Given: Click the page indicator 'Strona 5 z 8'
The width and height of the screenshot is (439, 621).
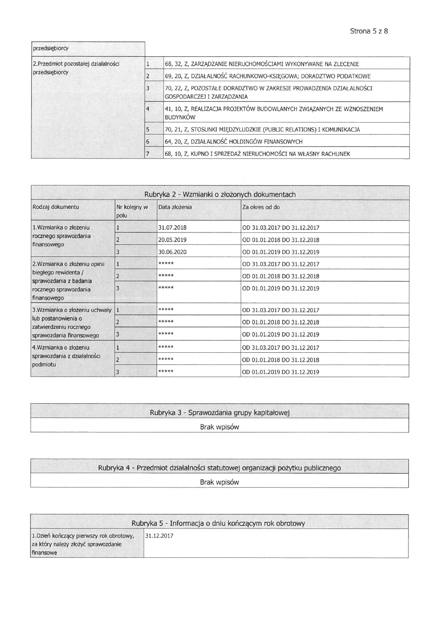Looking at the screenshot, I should [369, 31].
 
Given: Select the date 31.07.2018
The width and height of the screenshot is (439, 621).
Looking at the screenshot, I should [172, 228].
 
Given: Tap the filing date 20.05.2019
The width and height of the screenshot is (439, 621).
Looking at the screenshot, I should [172, 240].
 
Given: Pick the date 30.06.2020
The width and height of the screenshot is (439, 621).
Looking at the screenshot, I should [172, 252].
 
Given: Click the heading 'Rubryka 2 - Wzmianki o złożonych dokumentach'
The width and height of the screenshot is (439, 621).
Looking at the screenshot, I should [220, 194].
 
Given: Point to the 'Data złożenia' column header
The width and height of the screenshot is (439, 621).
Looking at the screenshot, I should [175, 207].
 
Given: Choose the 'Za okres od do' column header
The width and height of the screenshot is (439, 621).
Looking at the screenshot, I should [261, 207].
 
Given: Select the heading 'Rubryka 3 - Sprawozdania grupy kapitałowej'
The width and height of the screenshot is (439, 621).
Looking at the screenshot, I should [219, 413].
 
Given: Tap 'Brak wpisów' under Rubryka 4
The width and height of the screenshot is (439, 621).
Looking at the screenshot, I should [219, 482].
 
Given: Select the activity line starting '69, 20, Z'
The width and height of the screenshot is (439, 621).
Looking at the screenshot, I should [267, 76].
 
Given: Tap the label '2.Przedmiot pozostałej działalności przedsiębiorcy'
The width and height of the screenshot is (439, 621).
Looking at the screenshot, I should [76, 68].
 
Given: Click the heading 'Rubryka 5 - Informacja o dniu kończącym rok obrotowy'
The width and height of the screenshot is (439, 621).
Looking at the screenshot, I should [218, 524].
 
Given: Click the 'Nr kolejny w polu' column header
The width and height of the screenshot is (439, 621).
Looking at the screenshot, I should [131, 211].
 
